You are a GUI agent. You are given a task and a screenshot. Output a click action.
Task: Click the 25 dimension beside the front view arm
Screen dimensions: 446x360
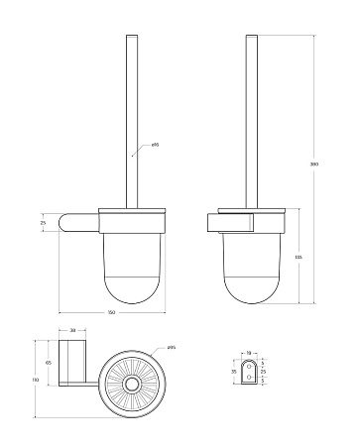pyautogui.click(x=43, y=223)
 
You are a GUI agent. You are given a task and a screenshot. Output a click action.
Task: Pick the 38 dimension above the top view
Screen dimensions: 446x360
pyautogui.click(x=72, y=330)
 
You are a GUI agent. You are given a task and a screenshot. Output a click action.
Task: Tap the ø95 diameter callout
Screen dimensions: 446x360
pyautogui.click(x=170, y=347)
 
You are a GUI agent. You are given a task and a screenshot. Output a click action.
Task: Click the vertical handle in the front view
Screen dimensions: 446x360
pyautogui.click(x=131, y=119)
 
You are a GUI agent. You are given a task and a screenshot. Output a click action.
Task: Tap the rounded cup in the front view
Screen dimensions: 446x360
pyautogui.click(x=131, y=263)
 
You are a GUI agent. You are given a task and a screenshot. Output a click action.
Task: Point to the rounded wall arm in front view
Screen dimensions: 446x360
pyautogui.click(x=76, y=224)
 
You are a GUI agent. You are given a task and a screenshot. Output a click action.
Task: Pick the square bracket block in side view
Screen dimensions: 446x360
pyautogui.click(x=224, y=221)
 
